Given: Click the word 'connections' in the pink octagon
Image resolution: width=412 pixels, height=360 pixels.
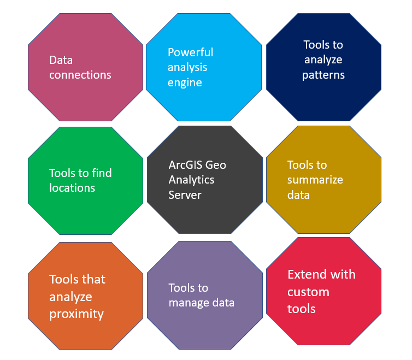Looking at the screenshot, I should [x=80, y=75].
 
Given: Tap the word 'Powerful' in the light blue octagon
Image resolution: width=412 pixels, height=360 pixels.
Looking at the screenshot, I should [x=190, y=52].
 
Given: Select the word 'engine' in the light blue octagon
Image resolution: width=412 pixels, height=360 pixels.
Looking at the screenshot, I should [x=185, y=83].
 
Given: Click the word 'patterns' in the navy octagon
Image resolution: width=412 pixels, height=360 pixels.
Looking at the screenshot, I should [x=323, y=75].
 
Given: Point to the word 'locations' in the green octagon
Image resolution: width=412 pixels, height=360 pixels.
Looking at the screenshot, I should [x=72, y=188].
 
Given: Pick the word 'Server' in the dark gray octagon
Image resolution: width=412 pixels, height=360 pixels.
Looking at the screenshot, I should [x=185, y=194].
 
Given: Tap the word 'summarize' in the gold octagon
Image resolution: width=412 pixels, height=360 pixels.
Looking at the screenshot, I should [x=315, y=180].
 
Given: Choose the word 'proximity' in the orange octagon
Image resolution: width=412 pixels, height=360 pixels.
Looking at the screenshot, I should [x=76, y=314].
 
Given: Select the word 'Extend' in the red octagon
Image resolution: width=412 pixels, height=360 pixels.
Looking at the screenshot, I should [x=305, y=274].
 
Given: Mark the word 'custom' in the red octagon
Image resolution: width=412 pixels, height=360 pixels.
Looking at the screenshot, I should [x=308, y=292].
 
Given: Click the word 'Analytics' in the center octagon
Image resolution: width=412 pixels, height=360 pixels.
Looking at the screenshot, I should [x=191, y=179].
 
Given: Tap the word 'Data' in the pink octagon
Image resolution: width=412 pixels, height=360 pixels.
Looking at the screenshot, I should [x=61, y=60].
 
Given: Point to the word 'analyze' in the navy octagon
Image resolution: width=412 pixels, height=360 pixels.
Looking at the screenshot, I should [x=322, y=60].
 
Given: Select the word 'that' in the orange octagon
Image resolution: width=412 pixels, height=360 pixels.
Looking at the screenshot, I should [x=93, y=279].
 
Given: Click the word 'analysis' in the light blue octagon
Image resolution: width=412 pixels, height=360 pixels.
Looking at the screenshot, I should [x=187, y=68].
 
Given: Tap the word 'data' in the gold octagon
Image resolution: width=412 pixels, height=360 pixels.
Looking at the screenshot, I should [x=298, y=194].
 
